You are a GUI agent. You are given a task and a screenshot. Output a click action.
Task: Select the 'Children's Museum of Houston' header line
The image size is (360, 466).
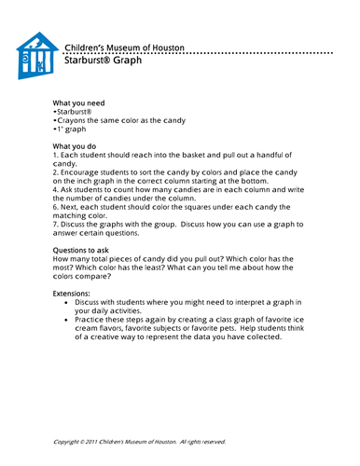124,47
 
